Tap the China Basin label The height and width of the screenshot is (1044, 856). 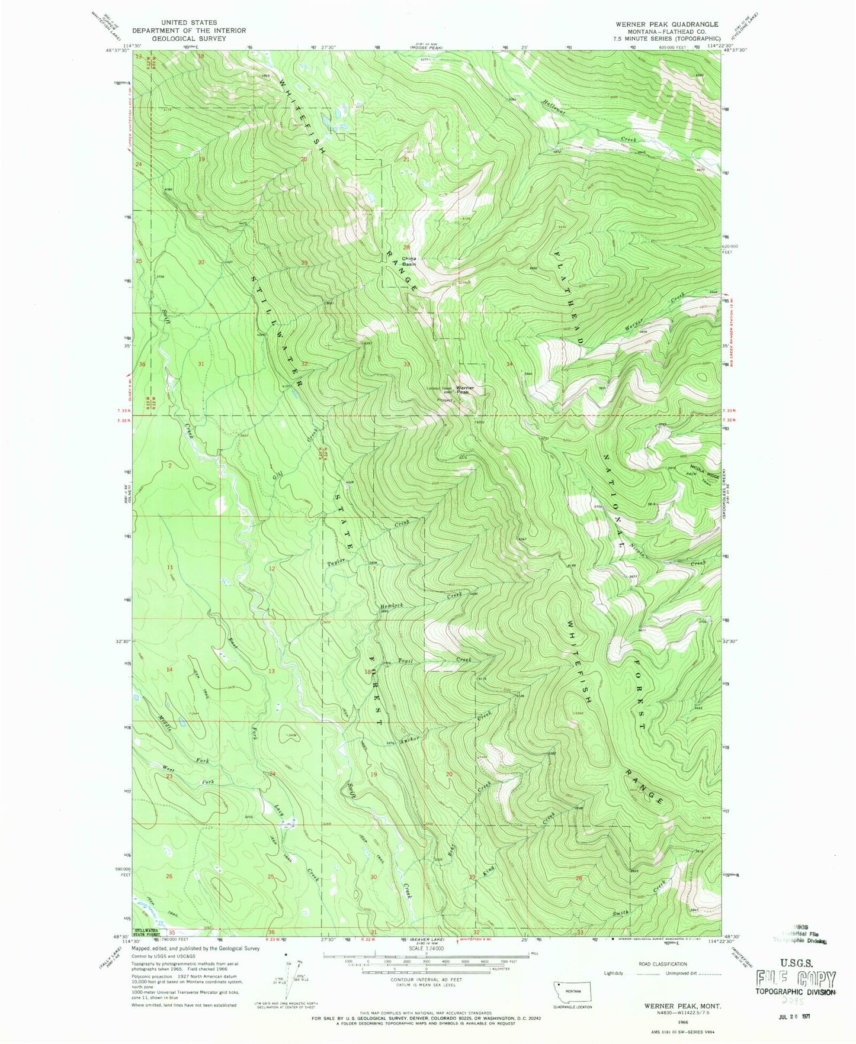click(x=409, y=261)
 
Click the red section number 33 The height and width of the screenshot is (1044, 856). click(x=406, y=364)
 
